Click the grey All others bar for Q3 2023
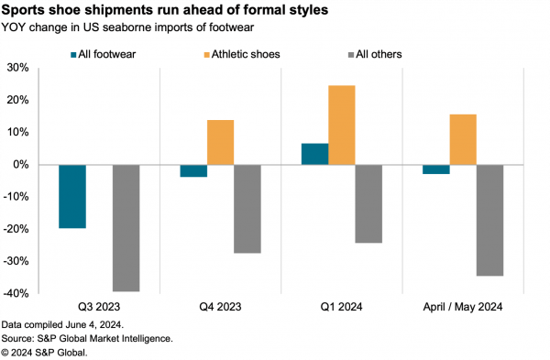[126, 228]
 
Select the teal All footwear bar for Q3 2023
[72, 196]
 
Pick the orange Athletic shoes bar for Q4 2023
[220, 142]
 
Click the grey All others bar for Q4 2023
[247, 209]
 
